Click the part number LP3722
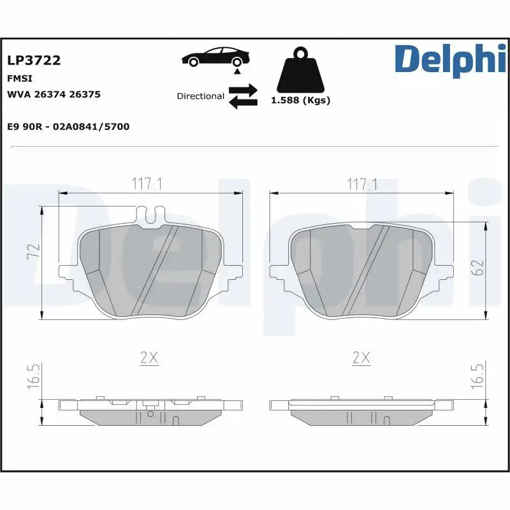click(x=34, y=61)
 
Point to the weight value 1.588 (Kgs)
click(x=300, y=101)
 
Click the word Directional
click(x=200, y=96)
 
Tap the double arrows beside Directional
click(x=242, y=96)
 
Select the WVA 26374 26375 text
click(x=54, y=94)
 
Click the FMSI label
click(x=19, y=78)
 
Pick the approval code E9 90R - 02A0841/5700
click(x=68, y=127)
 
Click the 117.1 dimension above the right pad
click(x=361, y=184)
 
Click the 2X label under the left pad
click(x=149, y=358)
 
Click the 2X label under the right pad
click(x=361, y=358)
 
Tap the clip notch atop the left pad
click(x=152, y=216)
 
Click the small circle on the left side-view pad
click(x=150, y=413)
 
